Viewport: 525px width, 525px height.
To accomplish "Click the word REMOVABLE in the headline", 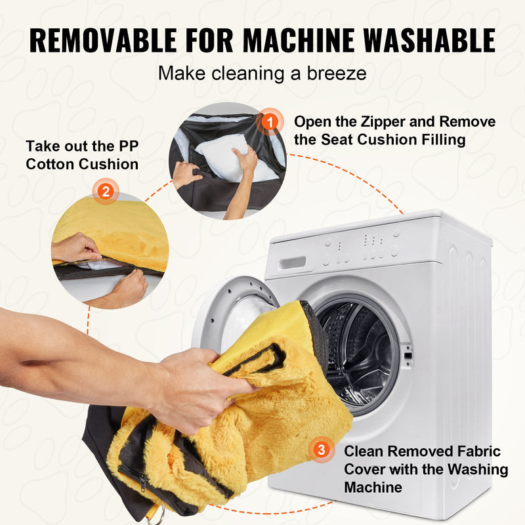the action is point(103,40).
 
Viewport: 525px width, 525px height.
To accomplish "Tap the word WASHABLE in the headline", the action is point(430,40).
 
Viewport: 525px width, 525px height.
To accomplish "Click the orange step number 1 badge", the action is point(270,122).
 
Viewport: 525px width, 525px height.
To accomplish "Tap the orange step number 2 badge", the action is point(106,192).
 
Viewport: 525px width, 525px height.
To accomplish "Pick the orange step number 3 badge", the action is point(321,450).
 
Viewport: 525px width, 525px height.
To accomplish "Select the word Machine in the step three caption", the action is point(373,487).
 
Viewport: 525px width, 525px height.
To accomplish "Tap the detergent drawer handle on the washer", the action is point(293,262).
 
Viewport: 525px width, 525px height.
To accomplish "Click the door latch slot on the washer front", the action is point(408,356).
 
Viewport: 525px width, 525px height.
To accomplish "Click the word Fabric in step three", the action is point(480,451).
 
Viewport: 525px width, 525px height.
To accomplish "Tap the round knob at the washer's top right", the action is point(396,234).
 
